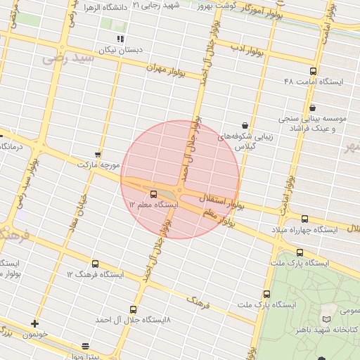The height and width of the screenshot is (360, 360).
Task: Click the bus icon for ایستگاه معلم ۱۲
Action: coord(154,193)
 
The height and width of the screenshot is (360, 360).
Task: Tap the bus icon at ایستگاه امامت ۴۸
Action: coord(313,70)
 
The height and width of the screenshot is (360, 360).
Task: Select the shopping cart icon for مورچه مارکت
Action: coord(97,154)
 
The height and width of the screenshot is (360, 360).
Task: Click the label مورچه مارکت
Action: coord(98,165)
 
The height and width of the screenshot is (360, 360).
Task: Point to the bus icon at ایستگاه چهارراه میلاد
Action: coord(304,219)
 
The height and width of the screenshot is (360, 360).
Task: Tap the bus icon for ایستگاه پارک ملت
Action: coord(300,252)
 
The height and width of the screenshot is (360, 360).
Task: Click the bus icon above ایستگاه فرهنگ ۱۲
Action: coord(95,264)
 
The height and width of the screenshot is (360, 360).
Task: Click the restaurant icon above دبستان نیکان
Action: coord(121,39)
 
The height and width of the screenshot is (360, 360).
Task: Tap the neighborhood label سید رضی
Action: coord(69,58)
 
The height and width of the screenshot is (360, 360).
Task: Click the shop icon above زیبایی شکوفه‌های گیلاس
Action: coord(244,124)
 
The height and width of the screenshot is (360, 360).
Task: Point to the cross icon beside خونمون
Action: coord(34,323)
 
